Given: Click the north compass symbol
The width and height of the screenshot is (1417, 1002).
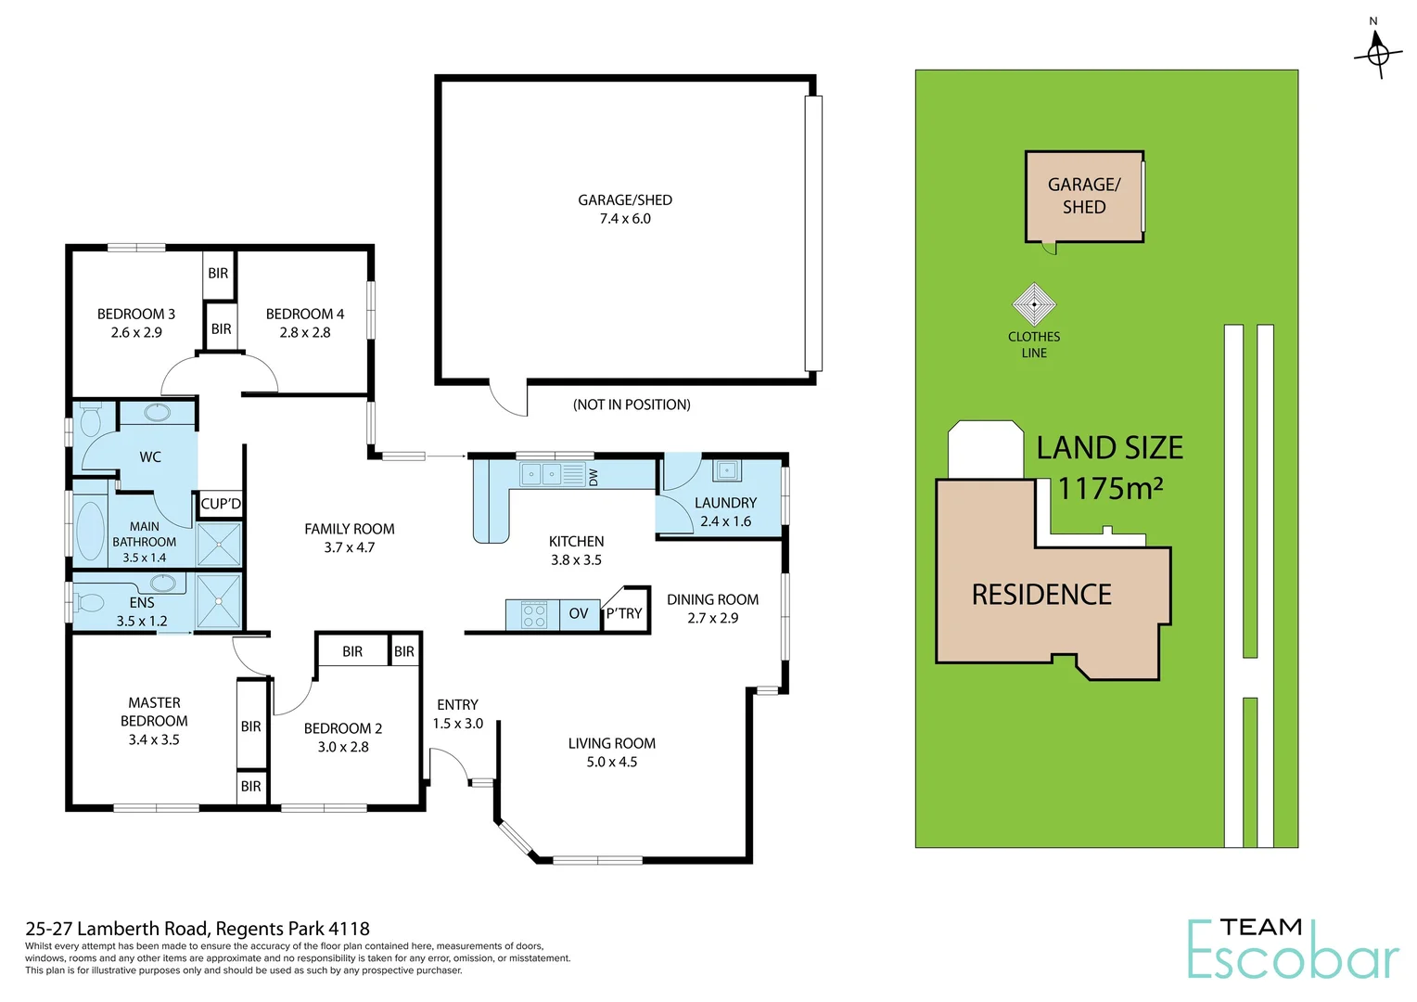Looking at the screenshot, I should tap(1377, 52).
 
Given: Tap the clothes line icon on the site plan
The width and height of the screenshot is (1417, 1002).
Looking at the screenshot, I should tap(1033, 304).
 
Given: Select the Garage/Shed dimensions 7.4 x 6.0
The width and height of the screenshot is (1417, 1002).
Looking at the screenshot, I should tap(625, 219).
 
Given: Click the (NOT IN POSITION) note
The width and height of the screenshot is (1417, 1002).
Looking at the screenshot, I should tap(632, 405).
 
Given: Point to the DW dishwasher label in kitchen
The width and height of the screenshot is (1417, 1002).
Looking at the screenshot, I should tap(594, 476).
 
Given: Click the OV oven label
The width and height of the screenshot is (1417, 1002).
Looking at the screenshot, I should tap(579, 613).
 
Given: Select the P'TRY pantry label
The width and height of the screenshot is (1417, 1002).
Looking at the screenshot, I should tap(624, 613).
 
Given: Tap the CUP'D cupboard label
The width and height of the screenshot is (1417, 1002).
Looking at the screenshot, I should tap(221, 504).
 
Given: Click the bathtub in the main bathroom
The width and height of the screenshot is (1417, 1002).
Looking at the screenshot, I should tap(90, 531).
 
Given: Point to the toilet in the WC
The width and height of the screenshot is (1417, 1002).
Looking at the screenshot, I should tap(90, 421).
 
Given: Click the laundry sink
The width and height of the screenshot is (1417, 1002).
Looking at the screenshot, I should tap(727, 471).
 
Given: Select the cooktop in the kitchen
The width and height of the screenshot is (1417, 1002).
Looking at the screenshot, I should tap(533, 614).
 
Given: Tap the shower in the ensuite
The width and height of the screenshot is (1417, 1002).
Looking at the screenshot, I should tap(219, 601).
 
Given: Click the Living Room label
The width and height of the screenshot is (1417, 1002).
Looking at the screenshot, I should tap(611, 743).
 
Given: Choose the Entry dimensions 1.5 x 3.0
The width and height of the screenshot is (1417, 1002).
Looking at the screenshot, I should tap(457, 724).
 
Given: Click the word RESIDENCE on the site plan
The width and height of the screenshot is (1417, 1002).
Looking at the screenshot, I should tap(1041, 594).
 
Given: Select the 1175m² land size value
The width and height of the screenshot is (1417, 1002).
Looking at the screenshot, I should tap(1110, 488).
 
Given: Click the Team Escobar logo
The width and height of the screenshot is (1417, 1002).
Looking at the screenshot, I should tap(1293, 949).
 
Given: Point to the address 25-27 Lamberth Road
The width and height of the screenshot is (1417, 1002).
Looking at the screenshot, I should tap(198, 929).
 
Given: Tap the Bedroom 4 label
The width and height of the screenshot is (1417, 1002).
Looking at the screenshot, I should tap(305, 314).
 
